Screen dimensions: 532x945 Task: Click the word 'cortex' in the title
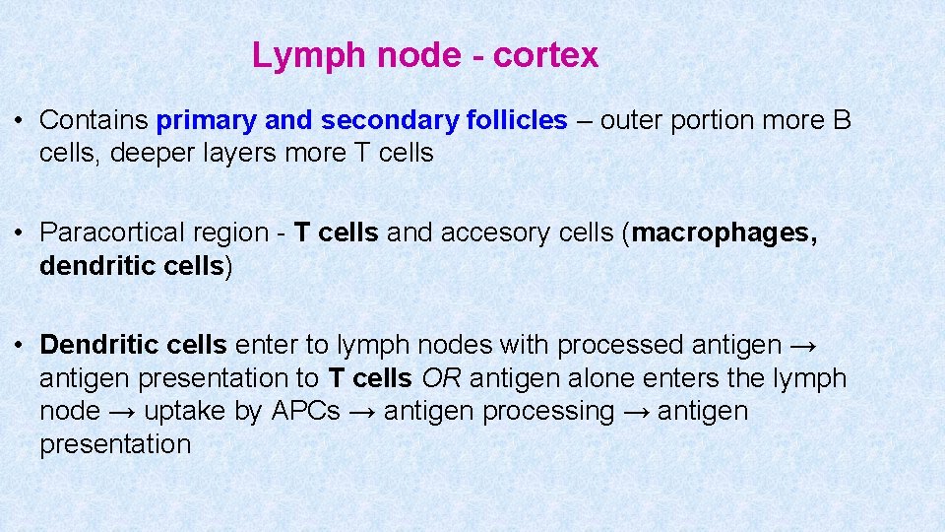click(x=545, y=55)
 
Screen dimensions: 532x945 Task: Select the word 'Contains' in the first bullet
click(x=94, y=120)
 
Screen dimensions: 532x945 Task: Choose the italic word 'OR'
click(x=439, y=377)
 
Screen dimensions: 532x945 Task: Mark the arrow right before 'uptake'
click(x=122, y=411)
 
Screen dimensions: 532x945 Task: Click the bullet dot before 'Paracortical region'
click(x=20, y=233)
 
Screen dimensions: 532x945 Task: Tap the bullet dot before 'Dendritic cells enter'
click(x=20, y=345)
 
